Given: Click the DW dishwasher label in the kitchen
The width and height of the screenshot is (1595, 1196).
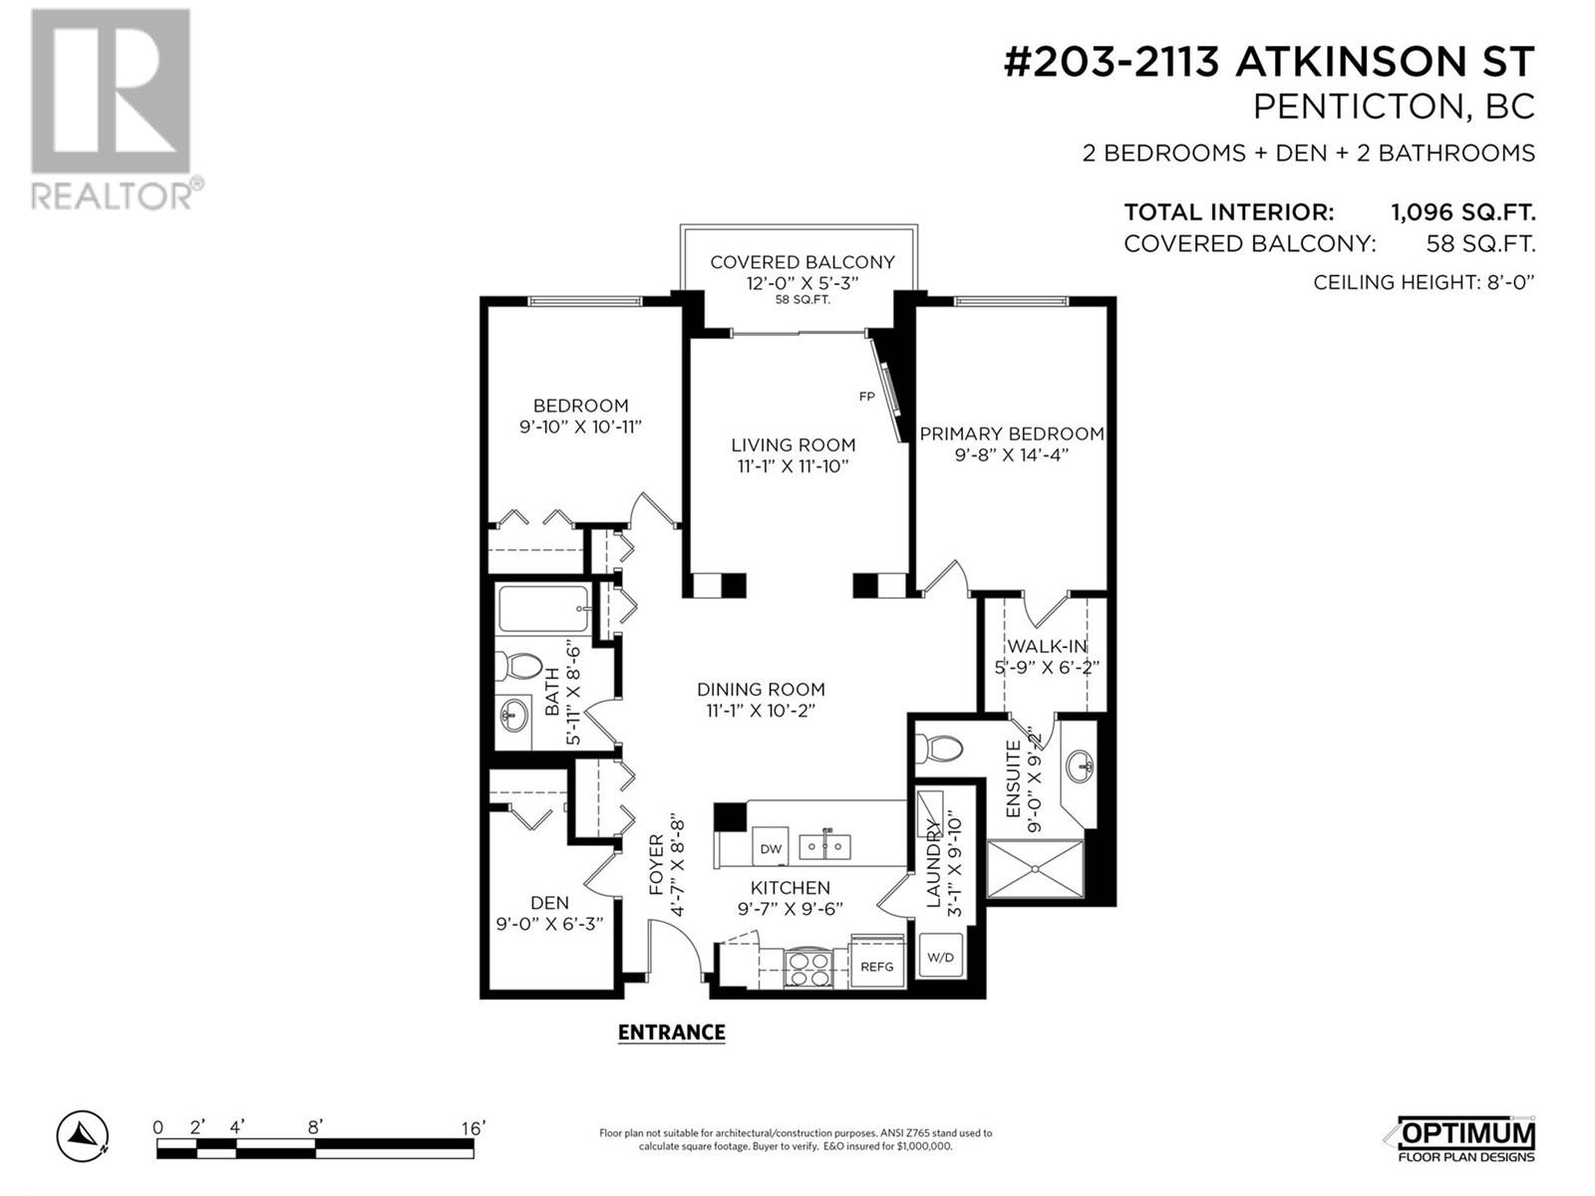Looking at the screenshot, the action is pos(771,848).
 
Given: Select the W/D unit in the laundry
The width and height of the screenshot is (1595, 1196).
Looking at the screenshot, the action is pos(940,957).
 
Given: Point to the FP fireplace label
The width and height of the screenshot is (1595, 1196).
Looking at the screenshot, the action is pos(867,397).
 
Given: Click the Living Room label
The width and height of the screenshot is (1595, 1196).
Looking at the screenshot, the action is pos(794,445).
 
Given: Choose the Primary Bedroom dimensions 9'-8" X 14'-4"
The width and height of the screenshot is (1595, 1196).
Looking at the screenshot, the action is pos(1012,455).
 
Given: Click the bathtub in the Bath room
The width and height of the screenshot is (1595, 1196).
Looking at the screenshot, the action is pos(543,609).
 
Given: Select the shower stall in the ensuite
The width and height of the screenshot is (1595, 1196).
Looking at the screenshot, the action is pos(1035,868).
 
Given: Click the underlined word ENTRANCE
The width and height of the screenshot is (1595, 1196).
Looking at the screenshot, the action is pos(672,1033).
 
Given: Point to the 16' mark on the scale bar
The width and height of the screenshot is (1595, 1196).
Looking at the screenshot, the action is pos(473,1128).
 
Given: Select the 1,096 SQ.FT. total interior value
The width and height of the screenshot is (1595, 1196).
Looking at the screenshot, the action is pos(1462,212).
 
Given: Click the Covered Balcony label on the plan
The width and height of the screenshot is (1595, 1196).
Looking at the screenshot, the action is pos(802,262).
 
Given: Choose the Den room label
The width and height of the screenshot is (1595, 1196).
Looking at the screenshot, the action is pos(549,903).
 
